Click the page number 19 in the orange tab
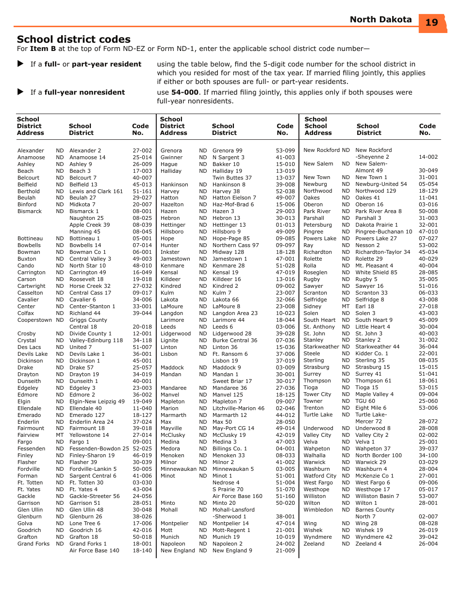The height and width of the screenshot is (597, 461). tap(431, 22)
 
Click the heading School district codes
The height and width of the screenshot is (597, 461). tap(74, 39)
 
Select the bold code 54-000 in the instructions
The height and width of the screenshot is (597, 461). tap(185, 92)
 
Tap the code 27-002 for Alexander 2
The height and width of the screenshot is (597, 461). tap(142, 151)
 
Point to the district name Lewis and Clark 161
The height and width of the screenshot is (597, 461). tap(96, 192)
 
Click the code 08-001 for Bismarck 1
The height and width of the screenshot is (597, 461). tap(142, 212)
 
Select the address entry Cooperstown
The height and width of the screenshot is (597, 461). tap(34, 320)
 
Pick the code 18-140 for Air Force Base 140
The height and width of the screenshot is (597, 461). tap(142, 551)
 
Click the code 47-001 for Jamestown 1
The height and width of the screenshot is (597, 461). tap(285, 259)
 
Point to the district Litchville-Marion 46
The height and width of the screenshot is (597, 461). tap(238, 409)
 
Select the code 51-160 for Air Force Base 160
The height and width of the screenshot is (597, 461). tap(285, 497)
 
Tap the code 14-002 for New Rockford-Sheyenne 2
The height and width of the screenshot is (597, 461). tap(428, 157)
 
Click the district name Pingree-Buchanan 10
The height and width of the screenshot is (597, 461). tap(383, 232)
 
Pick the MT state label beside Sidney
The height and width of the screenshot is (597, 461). tap(346, 307)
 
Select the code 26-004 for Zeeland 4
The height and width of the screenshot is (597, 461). tap(428, 544)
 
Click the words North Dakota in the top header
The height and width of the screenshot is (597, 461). tap(380, 20)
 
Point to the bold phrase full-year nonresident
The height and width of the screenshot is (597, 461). tap(84, 92)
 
